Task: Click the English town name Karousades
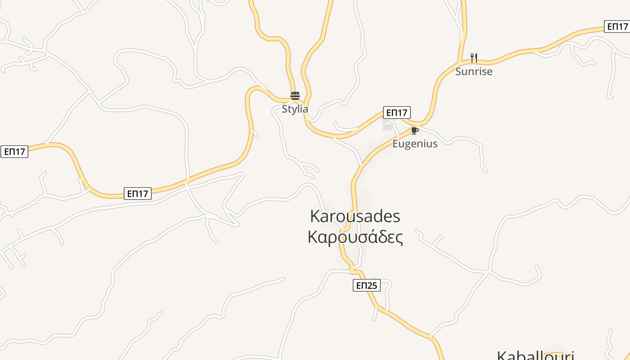tap(355, 216)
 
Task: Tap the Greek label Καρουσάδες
tap(355, 237)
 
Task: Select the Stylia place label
tap(295, 109)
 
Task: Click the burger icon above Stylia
tap(295, 95)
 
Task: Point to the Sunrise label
tap(474, 72)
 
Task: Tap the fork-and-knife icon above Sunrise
tap(473, 58)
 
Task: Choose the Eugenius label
tap(415, 144)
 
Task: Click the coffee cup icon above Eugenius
tap(414, 131)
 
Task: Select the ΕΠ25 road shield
tap(367, 285)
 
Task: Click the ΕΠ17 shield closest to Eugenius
tap(397, 112)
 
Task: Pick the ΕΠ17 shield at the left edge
tap(14, 152)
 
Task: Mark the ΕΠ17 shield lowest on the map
tap(138, 194)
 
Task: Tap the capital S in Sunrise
tap(458, 72)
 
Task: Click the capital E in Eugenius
tap(395, 144)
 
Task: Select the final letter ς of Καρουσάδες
tap(399, 238)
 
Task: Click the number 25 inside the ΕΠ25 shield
tap(372, 285)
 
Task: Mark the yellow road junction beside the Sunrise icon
tap(459, 62)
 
